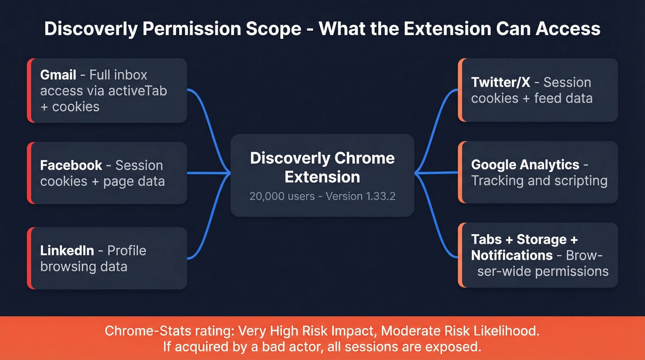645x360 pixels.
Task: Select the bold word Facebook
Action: click(71, 165)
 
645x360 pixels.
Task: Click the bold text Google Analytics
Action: click(525, 165)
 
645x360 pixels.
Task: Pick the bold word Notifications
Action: click(512, 255)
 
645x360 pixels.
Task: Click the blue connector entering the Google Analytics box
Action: click(438, 173)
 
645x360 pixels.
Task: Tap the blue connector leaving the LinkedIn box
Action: click(203, 244)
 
